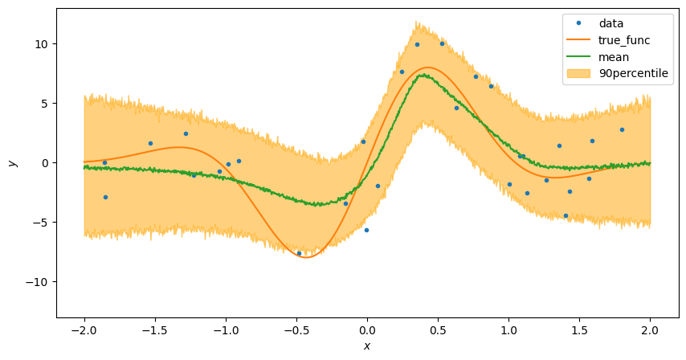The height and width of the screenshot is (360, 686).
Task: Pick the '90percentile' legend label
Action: click(634, 74)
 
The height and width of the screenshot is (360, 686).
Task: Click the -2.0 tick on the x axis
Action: click(84, 329)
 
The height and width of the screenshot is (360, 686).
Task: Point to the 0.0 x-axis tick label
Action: click(367, 329)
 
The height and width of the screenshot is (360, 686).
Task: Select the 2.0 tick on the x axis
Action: click(650, 329)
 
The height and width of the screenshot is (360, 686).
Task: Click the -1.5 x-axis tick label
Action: click(154, 329)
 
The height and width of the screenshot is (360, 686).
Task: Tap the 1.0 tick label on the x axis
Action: click(508, 329)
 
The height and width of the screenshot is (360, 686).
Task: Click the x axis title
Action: click(367, 346)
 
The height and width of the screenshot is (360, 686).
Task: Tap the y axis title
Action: click(12, 162)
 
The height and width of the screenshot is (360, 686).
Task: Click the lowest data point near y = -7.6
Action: click(299, 253)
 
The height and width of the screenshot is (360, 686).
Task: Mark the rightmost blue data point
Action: click(622, 129)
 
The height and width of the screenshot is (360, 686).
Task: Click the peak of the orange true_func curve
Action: click(428, 67)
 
